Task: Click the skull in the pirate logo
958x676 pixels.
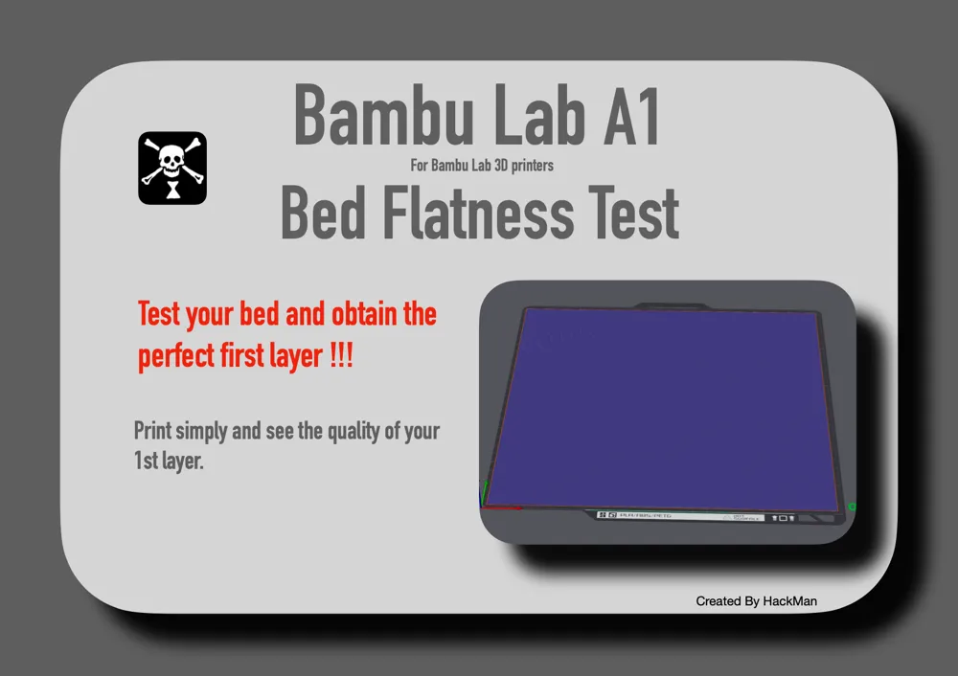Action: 171,155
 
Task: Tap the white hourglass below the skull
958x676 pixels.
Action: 172,192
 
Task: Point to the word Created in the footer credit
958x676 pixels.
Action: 718,601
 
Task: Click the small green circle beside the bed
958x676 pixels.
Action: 852,507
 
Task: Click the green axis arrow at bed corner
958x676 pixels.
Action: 486,491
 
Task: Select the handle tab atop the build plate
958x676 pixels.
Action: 667,306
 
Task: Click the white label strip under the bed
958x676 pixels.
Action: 680,516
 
